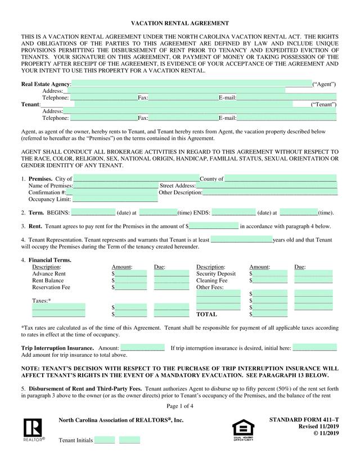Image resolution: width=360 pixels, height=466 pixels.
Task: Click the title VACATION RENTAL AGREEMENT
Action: point(180,23)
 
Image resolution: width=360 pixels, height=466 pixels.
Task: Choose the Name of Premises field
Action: point(116,186)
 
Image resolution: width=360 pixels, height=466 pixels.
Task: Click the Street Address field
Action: point(267,186)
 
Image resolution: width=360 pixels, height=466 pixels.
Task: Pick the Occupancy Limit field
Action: point(115,199)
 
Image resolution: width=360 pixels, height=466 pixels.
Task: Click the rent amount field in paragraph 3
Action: point(213,226)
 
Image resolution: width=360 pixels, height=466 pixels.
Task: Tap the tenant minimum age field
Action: point(241,240)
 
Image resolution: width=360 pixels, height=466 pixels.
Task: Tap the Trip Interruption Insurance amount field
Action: point(142,348)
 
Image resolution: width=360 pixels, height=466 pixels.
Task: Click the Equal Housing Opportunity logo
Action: point(244,430)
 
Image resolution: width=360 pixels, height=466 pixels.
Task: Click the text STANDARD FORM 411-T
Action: point(304,420)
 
